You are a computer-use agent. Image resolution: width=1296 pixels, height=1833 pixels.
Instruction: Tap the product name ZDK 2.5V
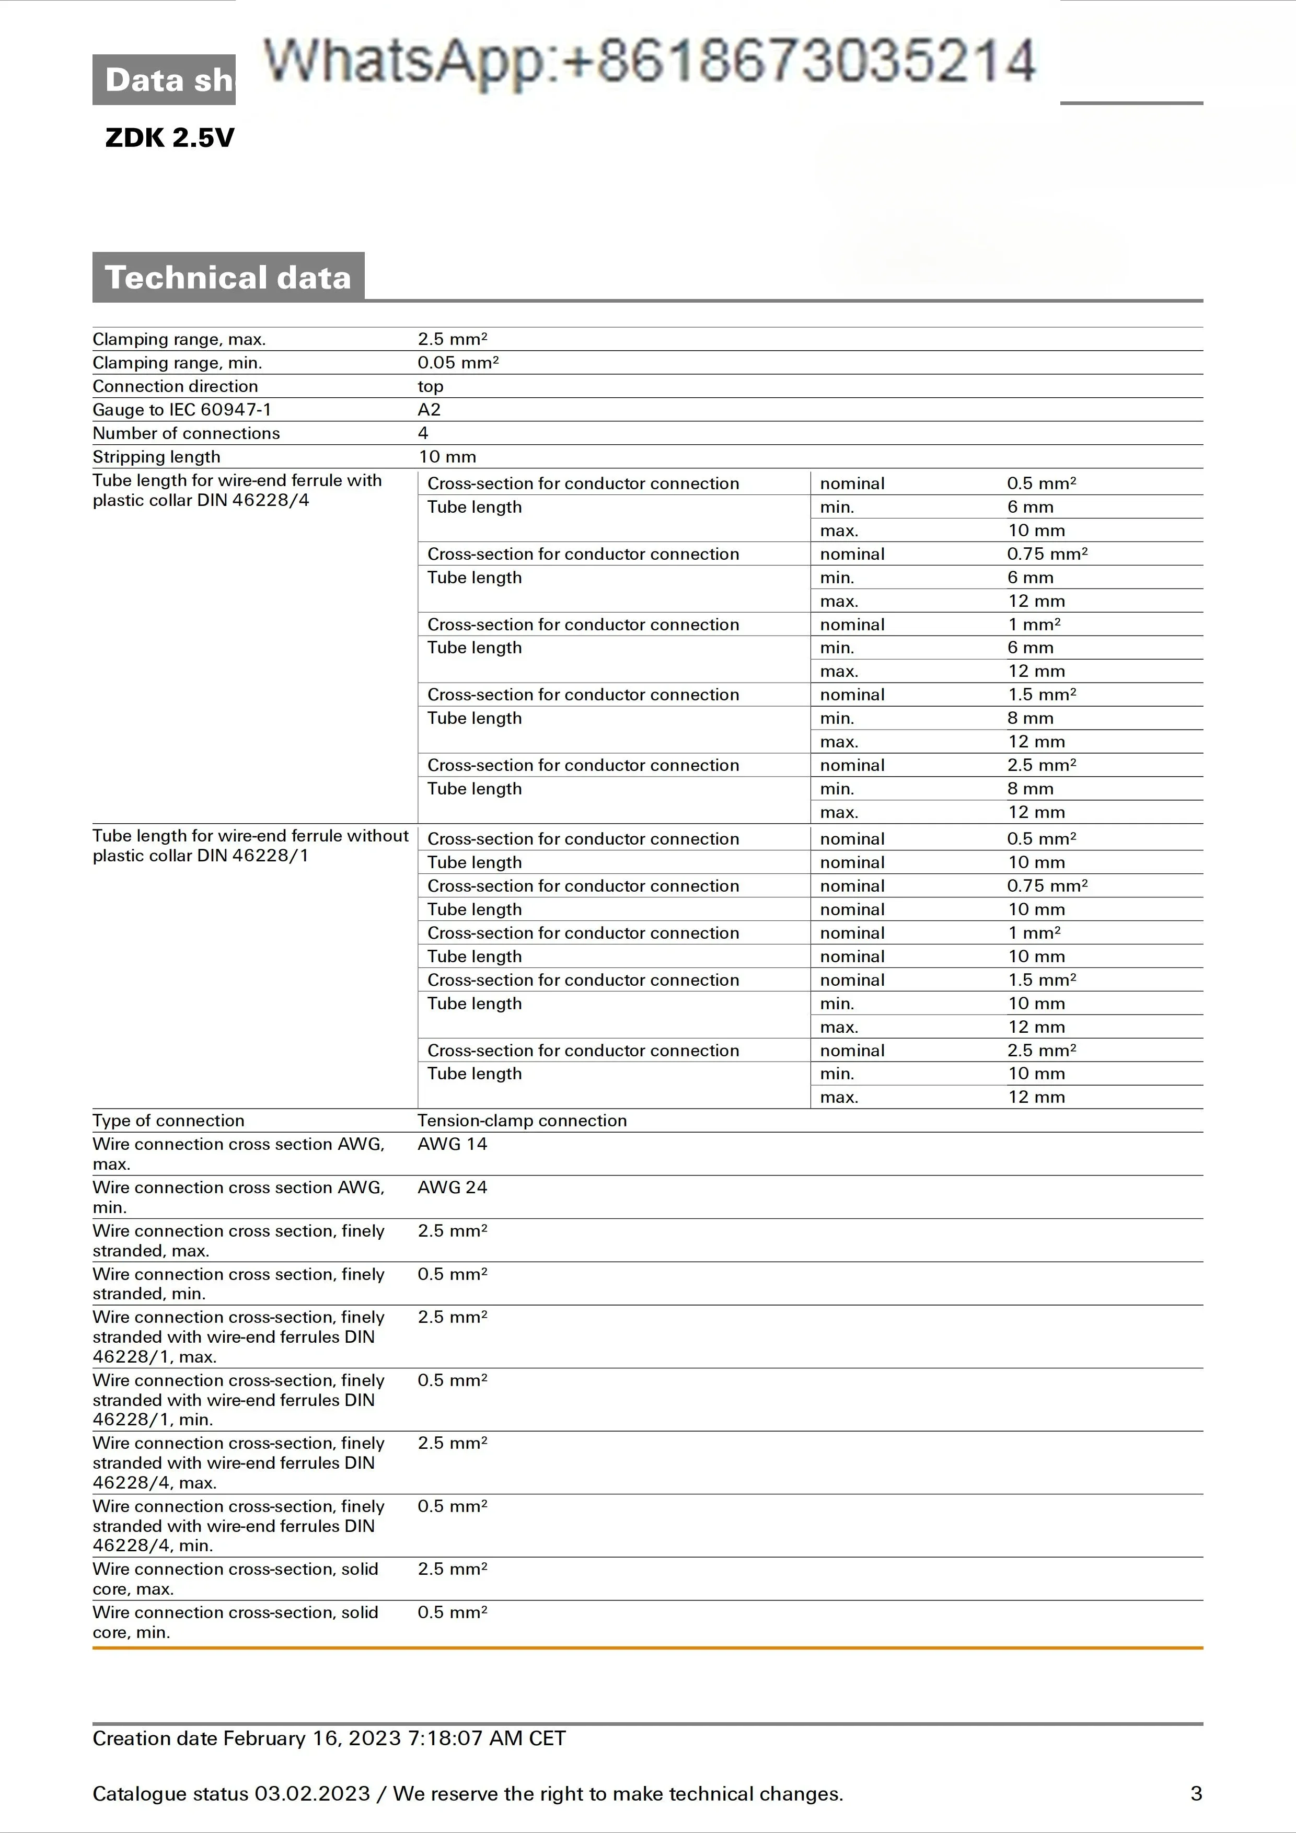[169, 138]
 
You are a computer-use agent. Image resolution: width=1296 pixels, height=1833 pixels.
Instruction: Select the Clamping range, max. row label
[179, 339]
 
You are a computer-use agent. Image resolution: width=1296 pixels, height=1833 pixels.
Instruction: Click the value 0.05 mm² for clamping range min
[458, 362]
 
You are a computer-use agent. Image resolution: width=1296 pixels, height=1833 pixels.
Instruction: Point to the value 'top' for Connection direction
[430, 386]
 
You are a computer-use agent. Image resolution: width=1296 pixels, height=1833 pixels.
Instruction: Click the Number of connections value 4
[423, 433]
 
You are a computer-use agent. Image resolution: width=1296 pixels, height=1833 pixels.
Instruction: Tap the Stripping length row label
[156, 457]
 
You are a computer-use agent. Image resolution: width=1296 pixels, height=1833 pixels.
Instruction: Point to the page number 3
[1196, 1794]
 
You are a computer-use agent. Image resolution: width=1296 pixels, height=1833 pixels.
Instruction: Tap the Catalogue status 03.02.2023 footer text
[468, 1794]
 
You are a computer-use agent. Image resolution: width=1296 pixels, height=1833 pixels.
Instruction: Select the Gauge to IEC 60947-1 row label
[182, 410]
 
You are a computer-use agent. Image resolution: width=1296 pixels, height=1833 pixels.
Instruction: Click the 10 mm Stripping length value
[447, 457]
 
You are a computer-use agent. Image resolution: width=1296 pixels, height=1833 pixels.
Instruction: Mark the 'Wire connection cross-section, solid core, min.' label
[235, 1622]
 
